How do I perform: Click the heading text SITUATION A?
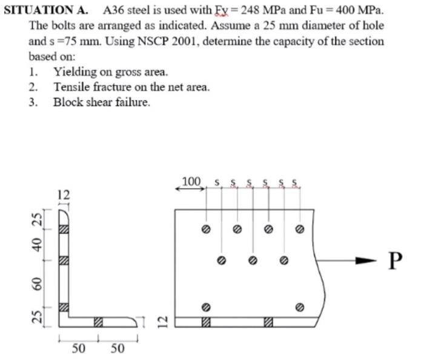click(46, 10)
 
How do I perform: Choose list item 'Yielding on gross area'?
click(110, 72)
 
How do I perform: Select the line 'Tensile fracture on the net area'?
click(131, 87)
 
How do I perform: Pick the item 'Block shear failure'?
click(101, 102)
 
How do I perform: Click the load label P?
click(395, 260)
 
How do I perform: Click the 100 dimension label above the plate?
click(191, 181)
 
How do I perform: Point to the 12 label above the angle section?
click(64, 195)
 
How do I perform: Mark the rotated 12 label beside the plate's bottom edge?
click(162, 321)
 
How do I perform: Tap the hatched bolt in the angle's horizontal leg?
click(98, 321)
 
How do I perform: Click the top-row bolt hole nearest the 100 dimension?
click(206, 230)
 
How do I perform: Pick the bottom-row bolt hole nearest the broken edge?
click(299, 307)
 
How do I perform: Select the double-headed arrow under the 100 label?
click(190, 189)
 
